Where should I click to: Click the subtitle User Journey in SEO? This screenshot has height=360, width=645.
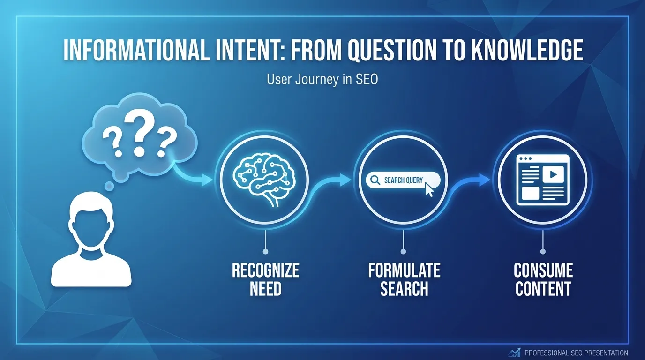pos(322,80)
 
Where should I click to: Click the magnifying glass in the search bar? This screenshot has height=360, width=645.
pos(375,180)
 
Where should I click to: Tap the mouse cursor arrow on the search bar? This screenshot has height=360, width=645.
pos(429,190)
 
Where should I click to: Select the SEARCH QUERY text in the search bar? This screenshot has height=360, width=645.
pos(403,180)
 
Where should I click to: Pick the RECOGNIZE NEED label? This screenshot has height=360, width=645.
pos(265,279)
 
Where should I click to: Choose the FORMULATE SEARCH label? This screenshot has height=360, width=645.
pos(404,279)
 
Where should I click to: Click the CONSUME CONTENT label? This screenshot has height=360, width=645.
pos(543,279)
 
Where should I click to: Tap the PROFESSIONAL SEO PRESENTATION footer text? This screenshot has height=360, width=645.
pos(576,353)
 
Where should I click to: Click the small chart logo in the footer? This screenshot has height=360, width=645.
pos(514,352)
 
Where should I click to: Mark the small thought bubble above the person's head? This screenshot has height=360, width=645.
pos(109,187)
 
